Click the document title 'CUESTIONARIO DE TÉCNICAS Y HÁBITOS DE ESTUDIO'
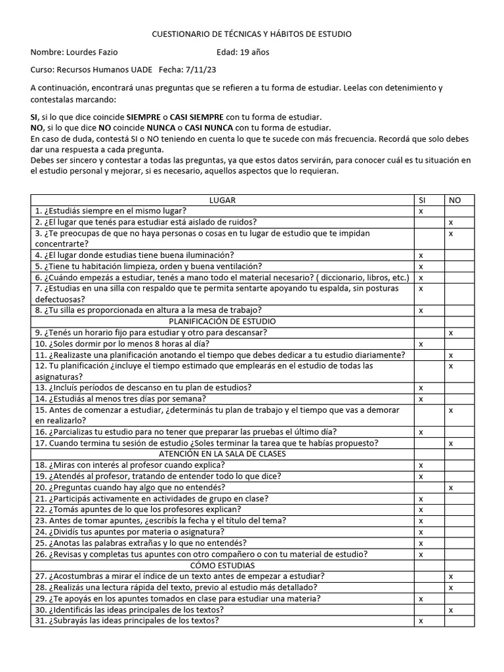tap(252, 33)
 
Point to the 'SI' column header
tap(422, 199)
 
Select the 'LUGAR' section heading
tap(222, 199)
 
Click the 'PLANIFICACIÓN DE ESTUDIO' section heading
tap(222, 321)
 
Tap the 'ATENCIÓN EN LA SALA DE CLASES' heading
tap(222, 453)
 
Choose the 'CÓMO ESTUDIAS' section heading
tap(222, 564)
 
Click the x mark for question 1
tap(421, 211)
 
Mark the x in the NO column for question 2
tap(451, 222)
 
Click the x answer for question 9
tap(451, 333)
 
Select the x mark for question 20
tap(451, 487)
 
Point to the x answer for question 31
tap(421, 620)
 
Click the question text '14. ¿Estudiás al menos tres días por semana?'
tap(121, 398)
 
